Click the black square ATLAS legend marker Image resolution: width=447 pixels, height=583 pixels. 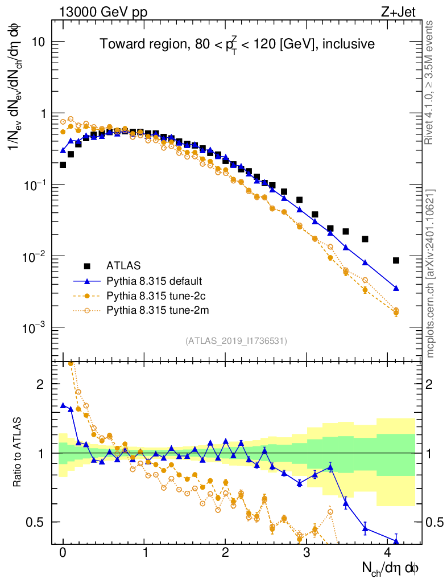click(x=87, y=265)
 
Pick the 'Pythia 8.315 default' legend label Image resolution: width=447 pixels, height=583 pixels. click(x=155, y=281)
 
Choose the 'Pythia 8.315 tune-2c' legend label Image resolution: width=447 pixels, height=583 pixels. click(x=155, y=295)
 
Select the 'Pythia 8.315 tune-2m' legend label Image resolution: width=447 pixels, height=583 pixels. click(x=155, y=310)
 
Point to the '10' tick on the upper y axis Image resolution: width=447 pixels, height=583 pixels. click(x=38, y=42)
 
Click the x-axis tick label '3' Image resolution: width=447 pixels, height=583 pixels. click(x=307, y=553)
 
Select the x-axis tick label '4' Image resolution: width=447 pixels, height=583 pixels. click(x=388, y=553)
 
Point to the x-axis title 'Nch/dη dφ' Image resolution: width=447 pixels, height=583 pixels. click(x=391, y=568)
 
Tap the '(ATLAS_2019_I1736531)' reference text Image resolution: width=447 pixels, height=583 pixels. click(x=236, y=341)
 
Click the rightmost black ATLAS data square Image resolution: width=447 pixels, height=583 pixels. click(x=396, y=260)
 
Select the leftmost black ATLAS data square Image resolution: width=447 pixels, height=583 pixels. click(x=63, y=165)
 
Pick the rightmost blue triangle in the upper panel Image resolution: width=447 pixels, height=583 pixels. click(x=396, y=288)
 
